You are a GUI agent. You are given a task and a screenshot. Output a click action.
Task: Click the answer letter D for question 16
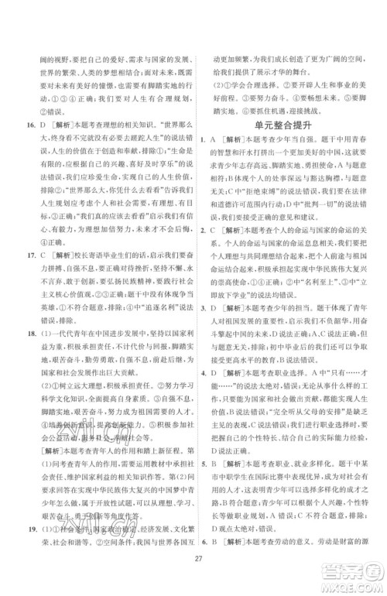[44, 123]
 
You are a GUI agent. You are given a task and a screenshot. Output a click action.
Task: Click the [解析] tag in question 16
[64, 123]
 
